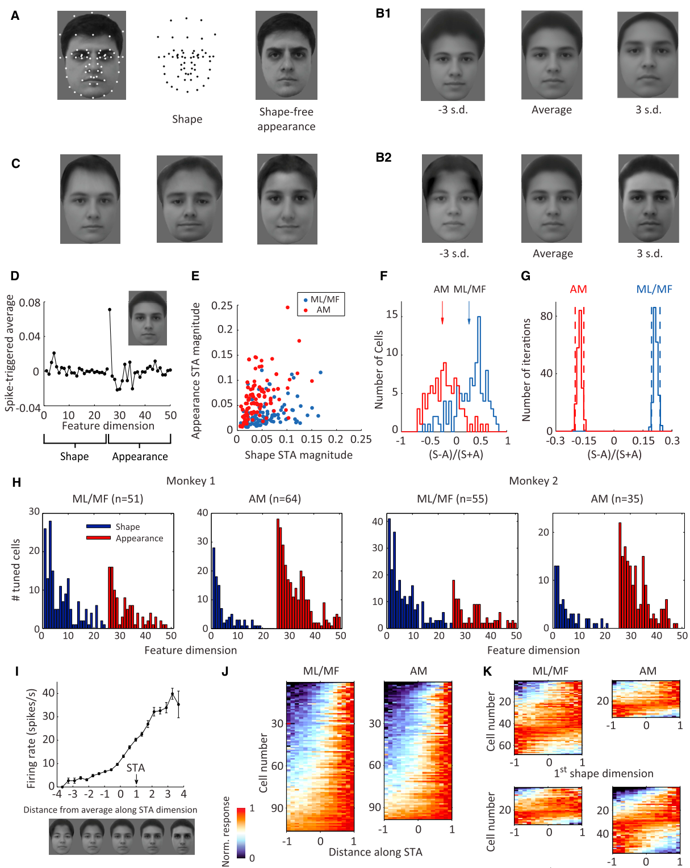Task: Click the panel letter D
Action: click(x=15, y=276)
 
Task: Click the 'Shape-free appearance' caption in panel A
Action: click(x=286, y=119)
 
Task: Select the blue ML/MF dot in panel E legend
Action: click(x=305, y=300)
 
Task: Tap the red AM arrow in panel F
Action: click(x=442, y=312)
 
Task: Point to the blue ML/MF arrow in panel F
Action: click(x=469, y=312)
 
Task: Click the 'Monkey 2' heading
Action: click(x=533, y=481)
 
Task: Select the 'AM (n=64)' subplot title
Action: click(x=275, y=499)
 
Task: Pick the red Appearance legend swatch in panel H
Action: click(x=98, y=538)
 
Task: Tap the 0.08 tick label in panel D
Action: click(x=30, y=302)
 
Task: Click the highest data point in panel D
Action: click(x=110, y=309)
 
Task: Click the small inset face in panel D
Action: click(x=147, y=318)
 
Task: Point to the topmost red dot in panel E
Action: click(x=287, y=307)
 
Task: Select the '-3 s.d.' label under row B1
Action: click(x=453, y=109)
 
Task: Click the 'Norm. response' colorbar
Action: click(x=241, y=833)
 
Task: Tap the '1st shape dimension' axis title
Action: click(x=603, y=773)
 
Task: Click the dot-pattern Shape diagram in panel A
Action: click(x=186, y=55)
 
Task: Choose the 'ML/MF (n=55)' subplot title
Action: click(x=452, y=499)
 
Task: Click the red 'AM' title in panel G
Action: click(x=578, y=289)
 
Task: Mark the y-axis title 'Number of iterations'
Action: click(x=526, y=370)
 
